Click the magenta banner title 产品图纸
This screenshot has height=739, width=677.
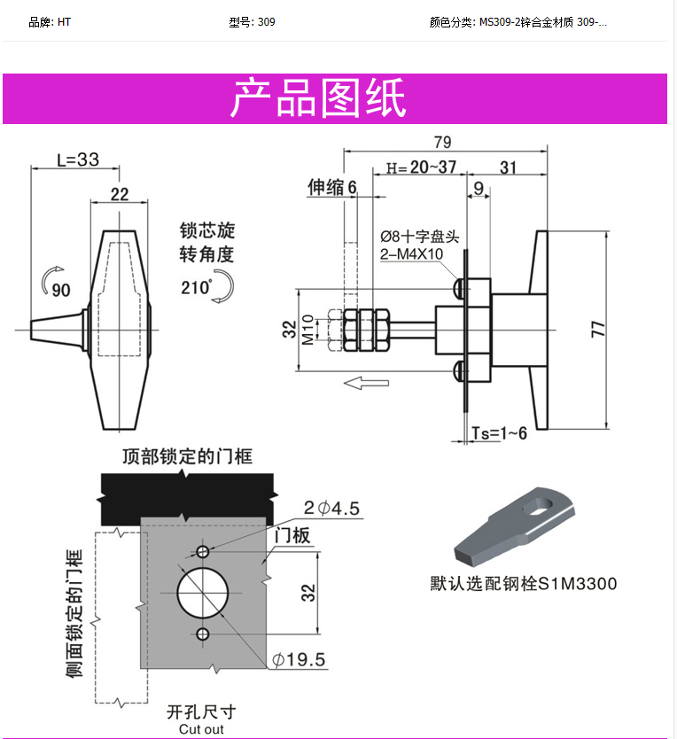point(318,98)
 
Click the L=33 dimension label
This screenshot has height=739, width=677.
point(78,159)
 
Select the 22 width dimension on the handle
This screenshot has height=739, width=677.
point(120,193)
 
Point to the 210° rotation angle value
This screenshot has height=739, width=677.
point(196,287)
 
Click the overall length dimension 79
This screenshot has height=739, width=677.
point(442,142)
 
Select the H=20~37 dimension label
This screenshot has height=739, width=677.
point(421,167)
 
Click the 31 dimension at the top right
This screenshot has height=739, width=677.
point(509,167)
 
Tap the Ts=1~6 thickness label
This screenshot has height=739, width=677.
point(499,432)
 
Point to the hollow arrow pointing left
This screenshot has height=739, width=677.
point(366,383)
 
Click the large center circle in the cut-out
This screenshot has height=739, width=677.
point(203,593)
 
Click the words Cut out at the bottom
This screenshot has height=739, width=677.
point(201,729)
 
